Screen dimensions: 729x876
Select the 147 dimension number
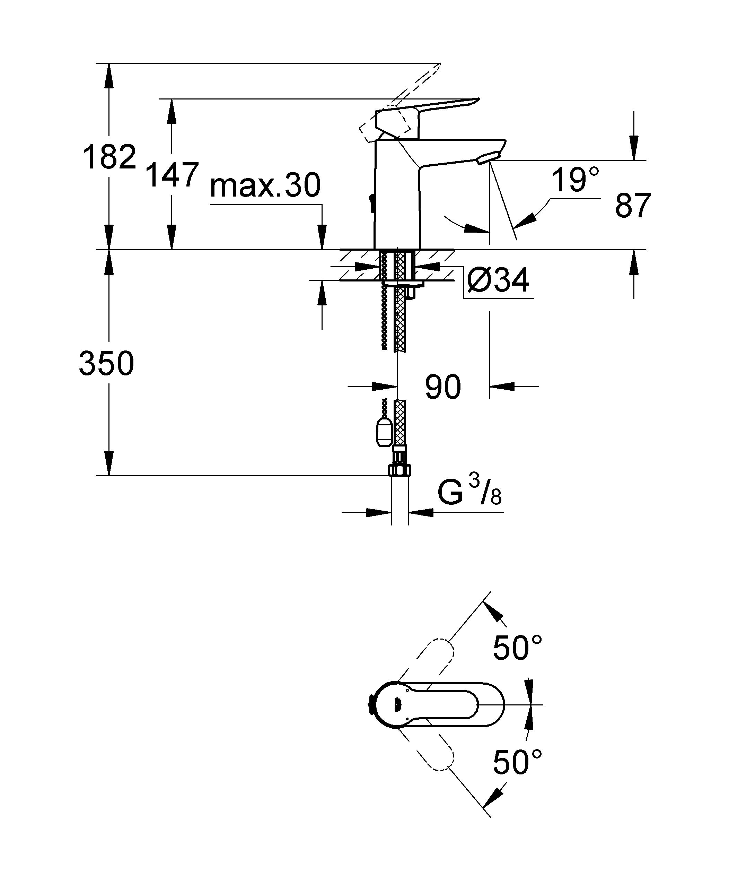[172, 175]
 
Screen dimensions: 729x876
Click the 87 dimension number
[633, 205]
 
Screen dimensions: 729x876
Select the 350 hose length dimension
[106, 363]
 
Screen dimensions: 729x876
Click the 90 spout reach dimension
[443, 387]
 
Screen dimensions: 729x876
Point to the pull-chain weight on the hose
[384, 432]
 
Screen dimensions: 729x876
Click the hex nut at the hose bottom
[400, 470]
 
